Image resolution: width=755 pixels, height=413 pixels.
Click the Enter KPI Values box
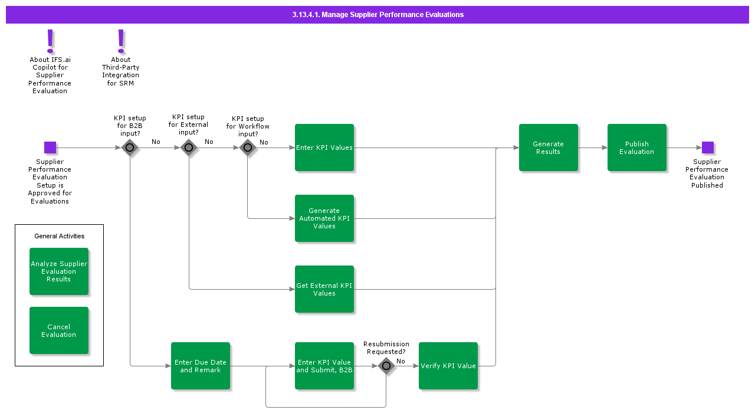click(x=324, y=147)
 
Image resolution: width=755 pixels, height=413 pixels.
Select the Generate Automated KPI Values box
click(x=324, y=218)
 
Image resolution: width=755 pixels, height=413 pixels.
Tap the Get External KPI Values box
click(x=324, y=289)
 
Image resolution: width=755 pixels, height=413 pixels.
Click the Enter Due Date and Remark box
click(x=201, y=366)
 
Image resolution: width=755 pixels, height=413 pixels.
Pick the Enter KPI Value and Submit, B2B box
click(x=324, y=366)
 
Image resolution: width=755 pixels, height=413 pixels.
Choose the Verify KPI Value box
click(x=448, y=366)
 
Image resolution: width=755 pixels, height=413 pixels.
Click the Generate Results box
click(x=549, y=147)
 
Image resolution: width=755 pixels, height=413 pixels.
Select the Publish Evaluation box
click(x=637, y=147)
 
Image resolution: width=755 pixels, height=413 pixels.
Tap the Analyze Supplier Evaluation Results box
click(x=59, y=271)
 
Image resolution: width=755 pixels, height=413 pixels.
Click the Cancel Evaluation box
click(x=59, y=330)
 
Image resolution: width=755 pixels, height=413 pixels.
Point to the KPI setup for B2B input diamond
click(x=130, y=147)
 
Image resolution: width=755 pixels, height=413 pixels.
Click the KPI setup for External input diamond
click(x=189, y=147)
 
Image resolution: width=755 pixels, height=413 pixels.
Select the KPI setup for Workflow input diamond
click(x=248, y=147)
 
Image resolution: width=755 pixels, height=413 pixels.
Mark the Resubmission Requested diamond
click(x=386, y=366)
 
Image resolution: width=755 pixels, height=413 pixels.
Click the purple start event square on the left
click(x=50, y=147)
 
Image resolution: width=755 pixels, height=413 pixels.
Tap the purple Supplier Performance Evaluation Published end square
click(x=708, y=147)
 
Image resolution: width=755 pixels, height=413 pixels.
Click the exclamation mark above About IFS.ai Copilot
click(x=50, y=41)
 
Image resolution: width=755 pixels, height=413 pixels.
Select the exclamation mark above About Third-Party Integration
click(x=121, y=41)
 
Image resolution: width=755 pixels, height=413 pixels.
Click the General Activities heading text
click(x=59, y=236)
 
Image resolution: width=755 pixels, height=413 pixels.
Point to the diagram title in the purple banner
click(x=377, y=15)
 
